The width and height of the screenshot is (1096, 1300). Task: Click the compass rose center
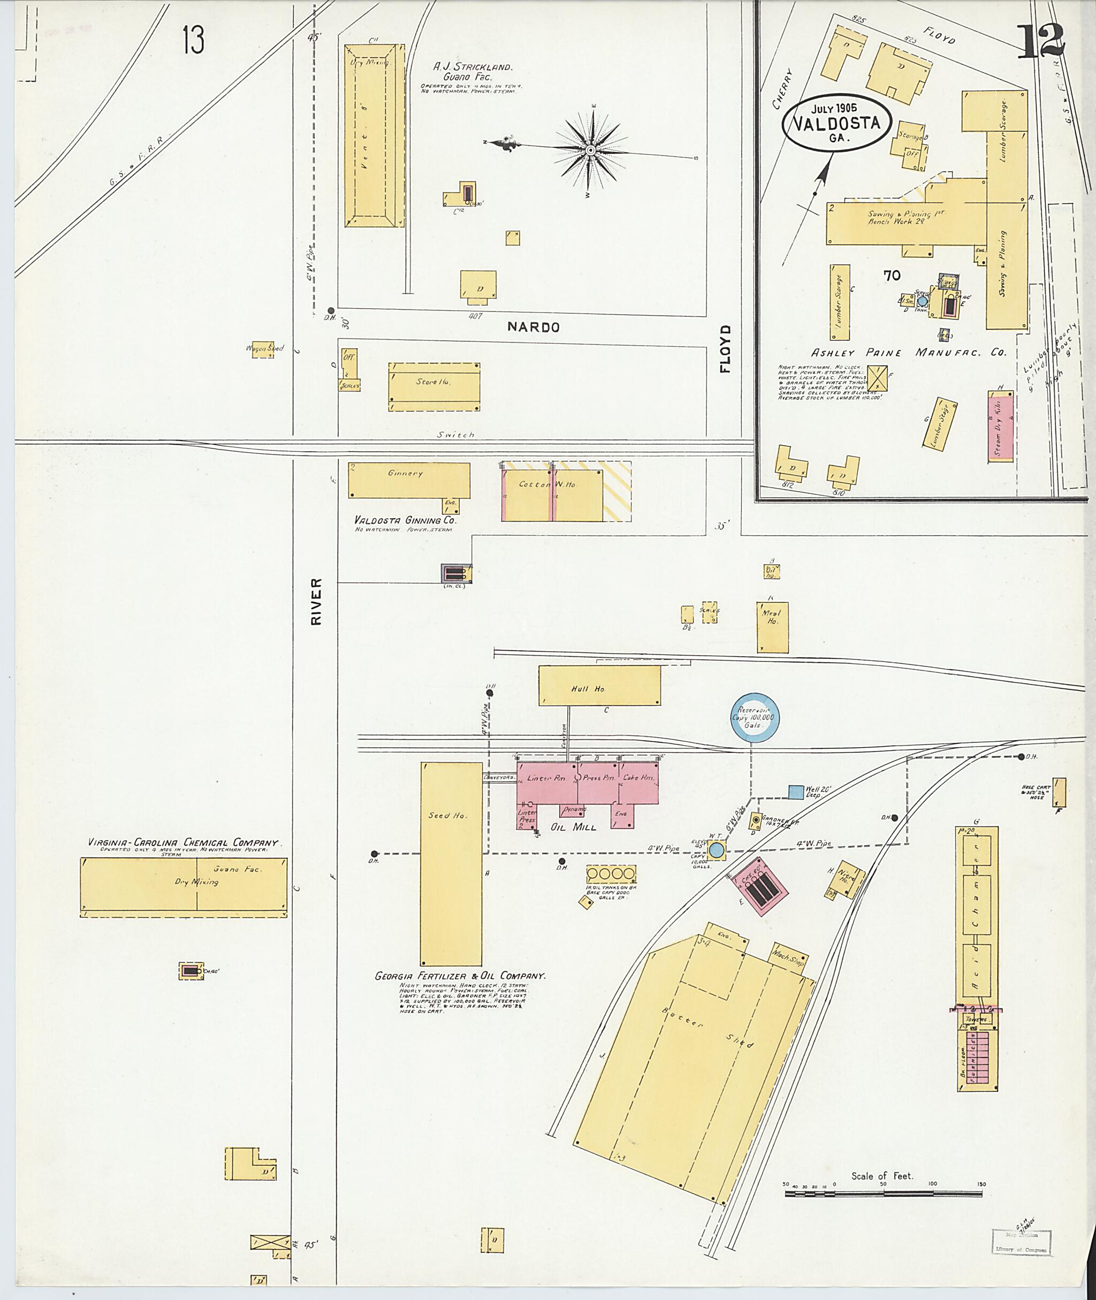coord(590,150)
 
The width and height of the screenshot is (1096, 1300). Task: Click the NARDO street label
coord(533,328)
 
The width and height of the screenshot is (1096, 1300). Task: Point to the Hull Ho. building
coord(599,686)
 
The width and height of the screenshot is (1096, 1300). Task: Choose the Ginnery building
coord(408,480)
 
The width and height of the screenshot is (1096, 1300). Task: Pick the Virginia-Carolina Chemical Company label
coord(182,842)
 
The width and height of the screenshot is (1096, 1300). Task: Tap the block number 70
coord(892,275)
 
